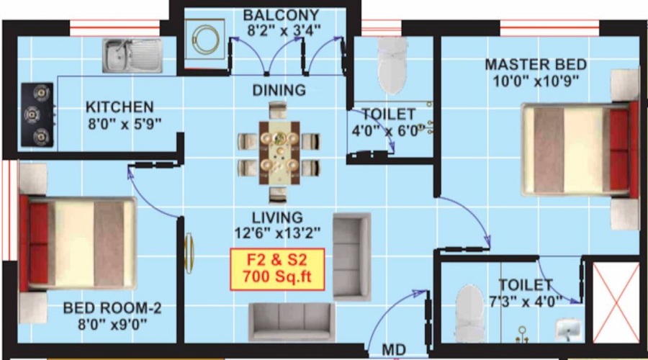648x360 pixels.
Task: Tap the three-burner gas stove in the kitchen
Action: click(37, 114)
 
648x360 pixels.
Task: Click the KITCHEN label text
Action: click(120, 107)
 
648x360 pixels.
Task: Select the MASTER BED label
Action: click(535, 64)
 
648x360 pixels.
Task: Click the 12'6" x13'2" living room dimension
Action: click(278, 233)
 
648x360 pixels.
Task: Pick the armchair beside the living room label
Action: click(351, 255)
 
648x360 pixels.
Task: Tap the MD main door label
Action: click(393, 351)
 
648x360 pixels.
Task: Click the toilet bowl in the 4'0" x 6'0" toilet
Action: click(393, 60)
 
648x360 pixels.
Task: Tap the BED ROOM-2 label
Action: click(112, 309)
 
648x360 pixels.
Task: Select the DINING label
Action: click(279, 91)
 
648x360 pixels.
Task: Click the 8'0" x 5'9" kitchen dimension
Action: click(124, 123)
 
